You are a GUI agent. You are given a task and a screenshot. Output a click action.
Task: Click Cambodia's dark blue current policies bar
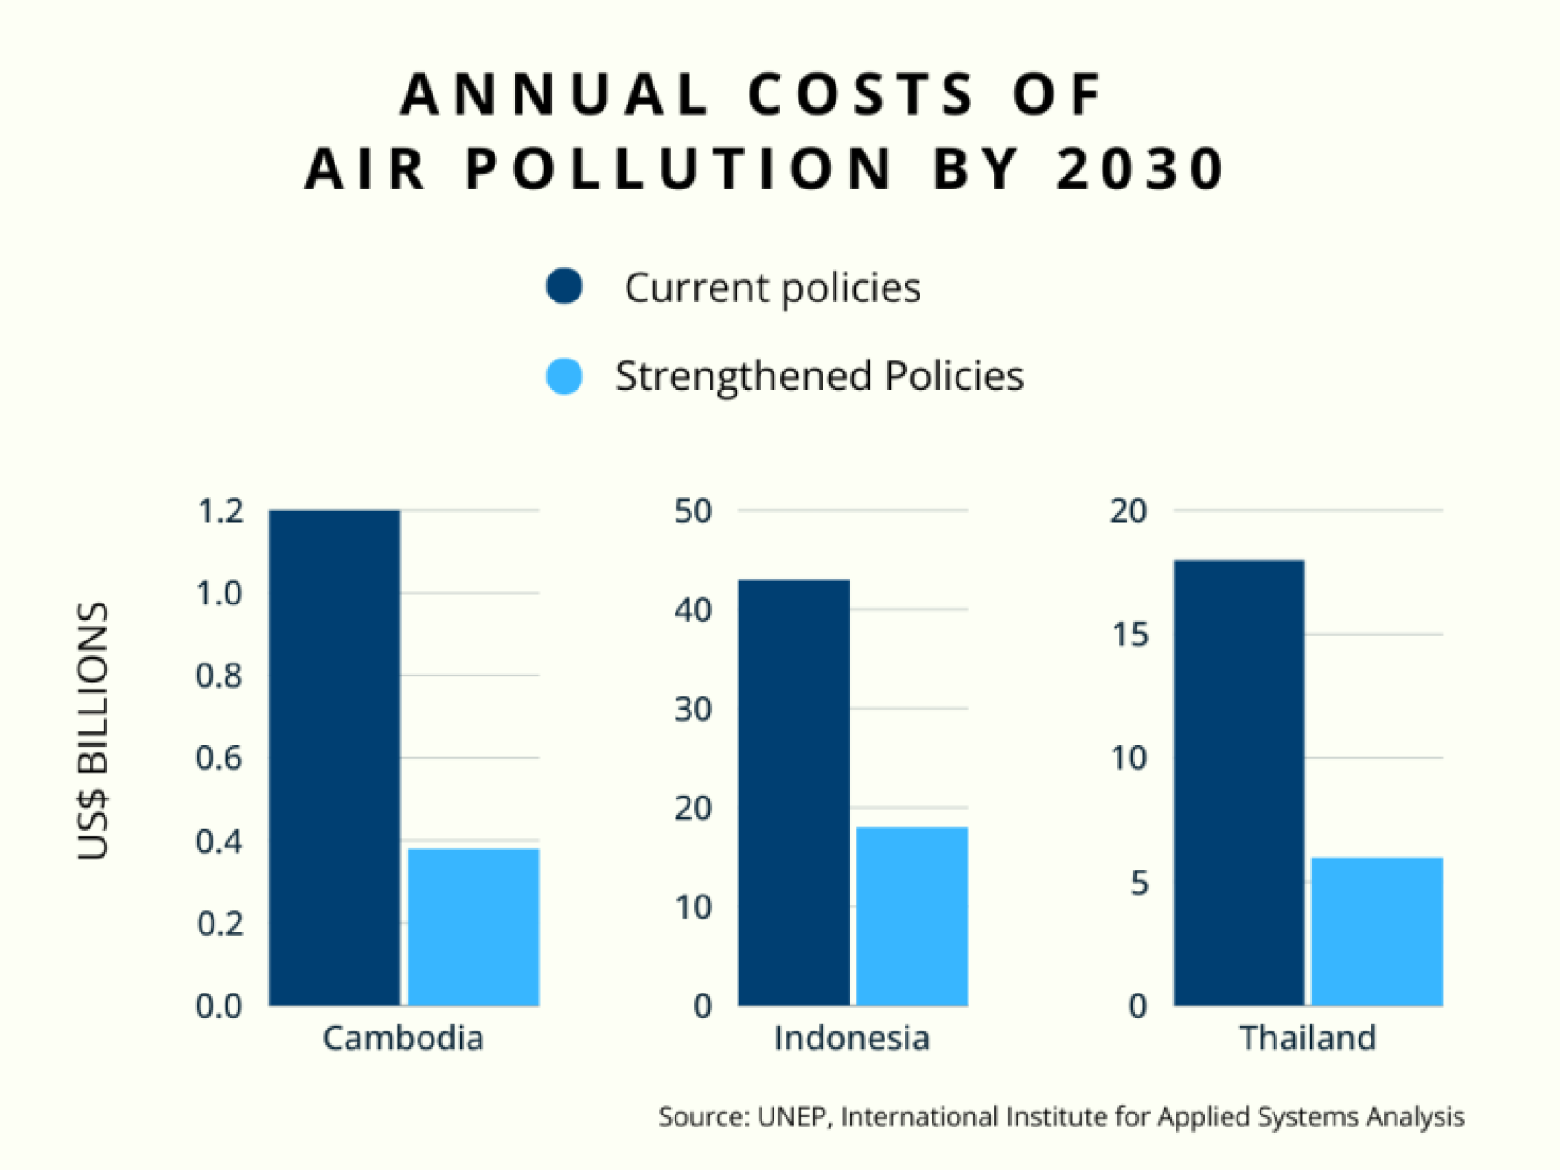(335, 758)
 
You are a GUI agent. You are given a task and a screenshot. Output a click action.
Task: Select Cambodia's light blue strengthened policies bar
(473, 927)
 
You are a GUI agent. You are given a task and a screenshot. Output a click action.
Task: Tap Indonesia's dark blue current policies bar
(794, 793)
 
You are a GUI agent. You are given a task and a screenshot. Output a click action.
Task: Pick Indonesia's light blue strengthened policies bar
(911, 916)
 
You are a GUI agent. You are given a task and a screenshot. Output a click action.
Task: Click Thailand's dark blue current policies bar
(1238, 783)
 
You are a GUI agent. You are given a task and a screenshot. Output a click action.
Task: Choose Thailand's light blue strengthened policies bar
(1377, 932)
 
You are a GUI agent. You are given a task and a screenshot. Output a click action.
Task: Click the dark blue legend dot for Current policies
(565, 286)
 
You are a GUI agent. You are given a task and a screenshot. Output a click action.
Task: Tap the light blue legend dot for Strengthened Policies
(565, 376)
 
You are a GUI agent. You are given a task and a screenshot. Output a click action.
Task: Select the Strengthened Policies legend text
(820, 376)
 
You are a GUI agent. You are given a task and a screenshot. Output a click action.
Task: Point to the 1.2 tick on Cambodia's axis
(220, 511)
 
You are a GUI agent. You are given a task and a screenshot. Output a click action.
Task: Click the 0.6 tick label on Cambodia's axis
(220, 759)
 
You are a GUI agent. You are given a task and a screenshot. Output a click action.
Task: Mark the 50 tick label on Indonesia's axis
(693, 511)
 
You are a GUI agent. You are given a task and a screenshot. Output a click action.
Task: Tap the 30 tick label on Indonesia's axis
(693, 710)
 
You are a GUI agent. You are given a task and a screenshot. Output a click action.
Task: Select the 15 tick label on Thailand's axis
(1129, 635)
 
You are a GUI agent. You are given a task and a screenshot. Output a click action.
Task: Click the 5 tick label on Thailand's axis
(1139, 884)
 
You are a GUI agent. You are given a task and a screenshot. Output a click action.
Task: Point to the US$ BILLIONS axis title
(93, 731)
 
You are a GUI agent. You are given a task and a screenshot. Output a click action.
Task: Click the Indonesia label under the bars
(851, 1038)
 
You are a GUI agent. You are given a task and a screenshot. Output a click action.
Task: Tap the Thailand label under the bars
(1308, 1038)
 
